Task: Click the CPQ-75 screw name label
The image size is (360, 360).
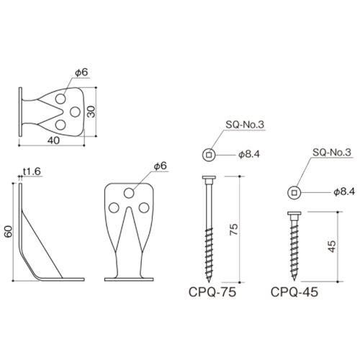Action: pos(212,292)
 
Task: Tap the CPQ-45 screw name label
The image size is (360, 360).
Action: pos(294,292)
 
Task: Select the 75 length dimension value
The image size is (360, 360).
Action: pos(233,229)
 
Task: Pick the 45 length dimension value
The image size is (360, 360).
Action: pos(332,246)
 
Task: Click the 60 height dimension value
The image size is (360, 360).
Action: pos(9,231)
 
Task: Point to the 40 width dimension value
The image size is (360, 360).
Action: pos(53,140)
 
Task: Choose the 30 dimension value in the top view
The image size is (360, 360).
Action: pos(91,112)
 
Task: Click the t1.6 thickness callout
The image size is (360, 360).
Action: pos(32,171)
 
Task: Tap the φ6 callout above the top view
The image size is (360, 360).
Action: pos(81,72)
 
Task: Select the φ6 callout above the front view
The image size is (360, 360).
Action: pos(160,166)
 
